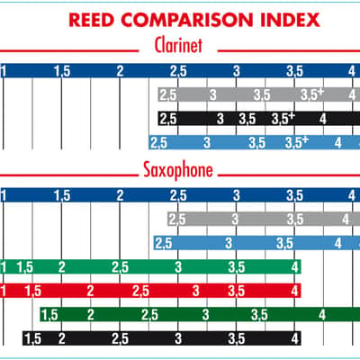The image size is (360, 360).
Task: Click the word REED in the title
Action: pos(92,20)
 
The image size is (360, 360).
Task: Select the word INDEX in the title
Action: pos(290,20)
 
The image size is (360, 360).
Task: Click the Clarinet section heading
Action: pos(178,45)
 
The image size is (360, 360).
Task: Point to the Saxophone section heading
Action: pos(178,170)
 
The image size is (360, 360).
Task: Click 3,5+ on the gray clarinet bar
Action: pos(312,94)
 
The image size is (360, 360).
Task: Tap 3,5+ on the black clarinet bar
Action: pos(283,119)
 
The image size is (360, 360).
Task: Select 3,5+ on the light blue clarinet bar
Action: pos(297,142)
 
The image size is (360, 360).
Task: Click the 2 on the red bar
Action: pos(90,291)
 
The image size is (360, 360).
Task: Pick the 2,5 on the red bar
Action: pos(140,291)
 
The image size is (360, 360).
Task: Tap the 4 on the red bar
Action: pos(295,291)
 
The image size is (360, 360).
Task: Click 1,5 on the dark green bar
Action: pos(49,315)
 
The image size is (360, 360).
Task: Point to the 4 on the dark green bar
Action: pos(322,315)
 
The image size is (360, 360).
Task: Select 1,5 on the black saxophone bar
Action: pos(32,339)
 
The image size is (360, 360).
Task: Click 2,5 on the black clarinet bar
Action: pos(168,119)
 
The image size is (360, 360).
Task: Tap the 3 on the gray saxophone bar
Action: pos(235,220)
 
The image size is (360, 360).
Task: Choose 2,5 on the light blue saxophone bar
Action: pos(164,243)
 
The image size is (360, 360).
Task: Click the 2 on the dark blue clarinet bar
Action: pos(120,71)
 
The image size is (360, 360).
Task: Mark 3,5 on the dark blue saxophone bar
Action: pos(294,195)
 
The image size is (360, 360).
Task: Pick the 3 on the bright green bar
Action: pos(178,267)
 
